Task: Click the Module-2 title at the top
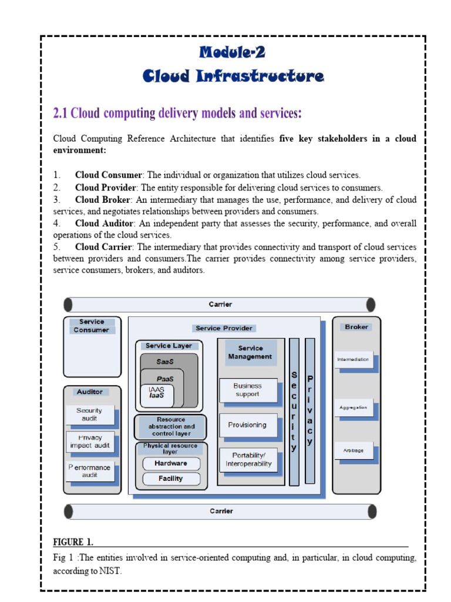pos(233,53)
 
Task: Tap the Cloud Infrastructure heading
pos(233,76)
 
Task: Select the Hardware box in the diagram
pos(171,463)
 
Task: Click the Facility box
pos(171,479)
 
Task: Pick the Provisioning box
pos(247,425)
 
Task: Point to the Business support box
pos(247,390)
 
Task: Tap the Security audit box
pos(89,414)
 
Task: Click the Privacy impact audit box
pos(89,442)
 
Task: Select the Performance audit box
pos(89,471)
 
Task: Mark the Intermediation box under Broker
pos(354,359)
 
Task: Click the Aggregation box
pos(354,407)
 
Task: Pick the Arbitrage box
pos(354,450)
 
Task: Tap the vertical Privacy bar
pos(310,411)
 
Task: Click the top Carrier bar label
pos(221,305)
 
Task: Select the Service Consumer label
pos(92,326)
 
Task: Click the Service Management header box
pos(250,353)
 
